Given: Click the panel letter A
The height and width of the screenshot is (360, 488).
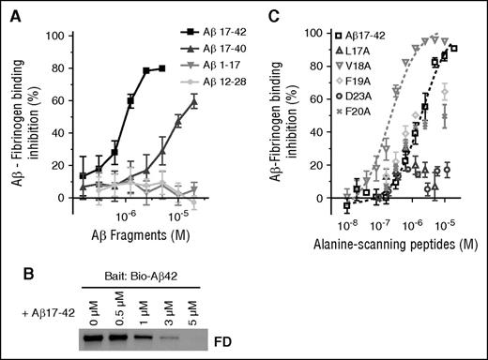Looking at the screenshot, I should click(x=10, y=12).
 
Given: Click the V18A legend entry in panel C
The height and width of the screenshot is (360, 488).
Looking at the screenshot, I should click(x=369, y=69).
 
